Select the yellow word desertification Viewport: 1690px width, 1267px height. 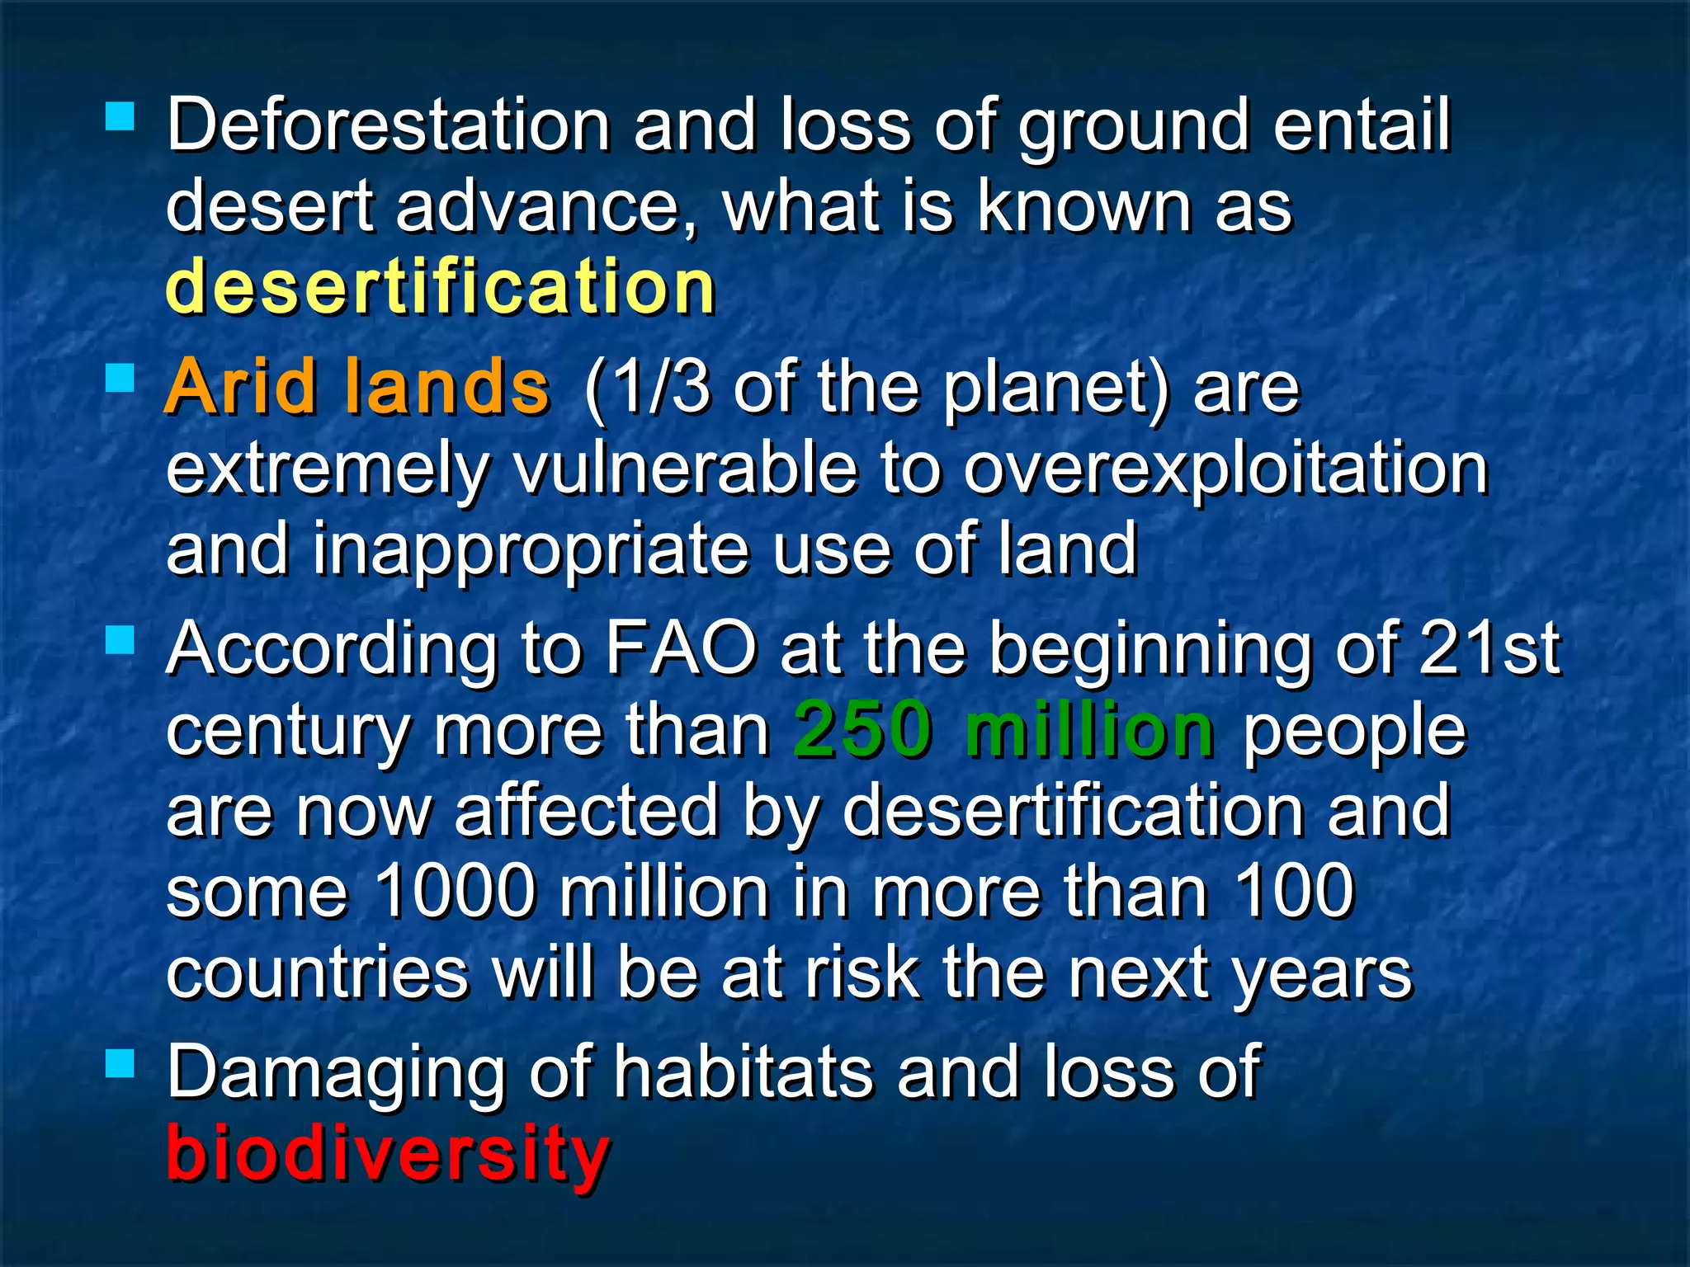pyautogui.click(x=440, y=287)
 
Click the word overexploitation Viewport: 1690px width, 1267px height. pyautogui.click(x=1225, y=470)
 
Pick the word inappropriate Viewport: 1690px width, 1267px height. pyautogui.click(x=528, y=551)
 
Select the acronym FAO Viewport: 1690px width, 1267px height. pyautogui.click(x=681, y=648)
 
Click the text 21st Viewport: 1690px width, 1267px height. pyautogui.click(x=1489, y=648)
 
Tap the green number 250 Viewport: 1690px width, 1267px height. pyautogui.click(x=862, y=729)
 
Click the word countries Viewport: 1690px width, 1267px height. pyautogui.click(x=318, y=973)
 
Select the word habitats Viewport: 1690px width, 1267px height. pyautogui.click(x=743, y=1071)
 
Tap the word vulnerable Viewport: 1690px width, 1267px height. pyautogui.click(x=685, y=469)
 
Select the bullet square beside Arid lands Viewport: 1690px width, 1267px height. pyautogui.click(x=120, y=379)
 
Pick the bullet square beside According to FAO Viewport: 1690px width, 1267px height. pyautogui.click(x=120, y=640)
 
